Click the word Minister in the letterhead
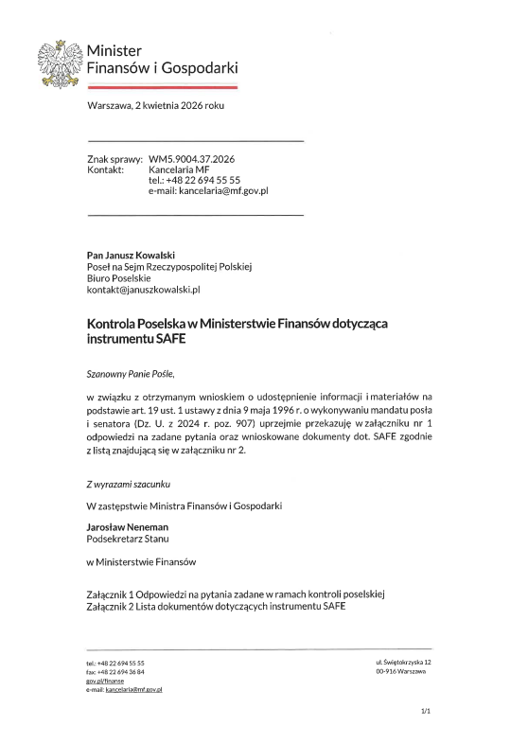[x=114, y=49]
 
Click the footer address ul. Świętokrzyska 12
[x=403, y=662]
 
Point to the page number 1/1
[x=425, y=710]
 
